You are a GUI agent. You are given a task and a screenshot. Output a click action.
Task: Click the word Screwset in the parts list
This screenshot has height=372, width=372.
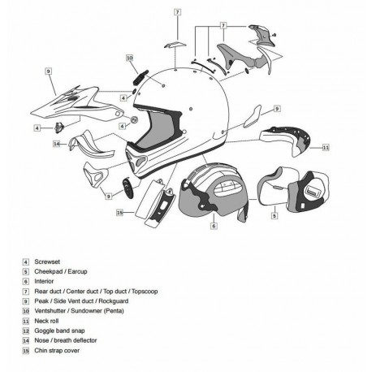click(48, 262)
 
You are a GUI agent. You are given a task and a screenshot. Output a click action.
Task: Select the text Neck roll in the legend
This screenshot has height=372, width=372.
click(48, 320)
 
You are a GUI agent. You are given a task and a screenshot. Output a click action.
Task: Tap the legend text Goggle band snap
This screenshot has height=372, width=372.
click(57, 330)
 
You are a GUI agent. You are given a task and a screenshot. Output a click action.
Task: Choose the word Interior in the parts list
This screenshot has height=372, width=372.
click(45, 281)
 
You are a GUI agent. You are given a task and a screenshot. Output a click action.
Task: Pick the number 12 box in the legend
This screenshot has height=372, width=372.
click(26, 330)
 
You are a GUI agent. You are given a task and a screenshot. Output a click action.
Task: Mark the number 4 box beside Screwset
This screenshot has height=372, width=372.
click(26, 262)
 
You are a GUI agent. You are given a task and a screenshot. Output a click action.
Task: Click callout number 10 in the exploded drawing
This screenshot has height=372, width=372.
click(130, 58)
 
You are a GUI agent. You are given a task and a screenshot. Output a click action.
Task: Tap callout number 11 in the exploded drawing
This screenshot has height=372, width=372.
click(325, 148)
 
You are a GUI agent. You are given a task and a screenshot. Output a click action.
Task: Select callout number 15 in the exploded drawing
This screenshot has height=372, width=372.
click(119, 212)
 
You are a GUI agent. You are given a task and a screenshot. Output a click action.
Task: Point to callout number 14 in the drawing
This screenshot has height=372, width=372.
click(57, 144)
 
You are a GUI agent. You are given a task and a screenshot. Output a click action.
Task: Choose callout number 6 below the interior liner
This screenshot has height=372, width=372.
click(213, 227)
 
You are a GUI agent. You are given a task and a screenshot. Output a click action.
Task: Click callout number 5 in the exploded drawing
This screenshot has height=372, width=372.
click(274, 216)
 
